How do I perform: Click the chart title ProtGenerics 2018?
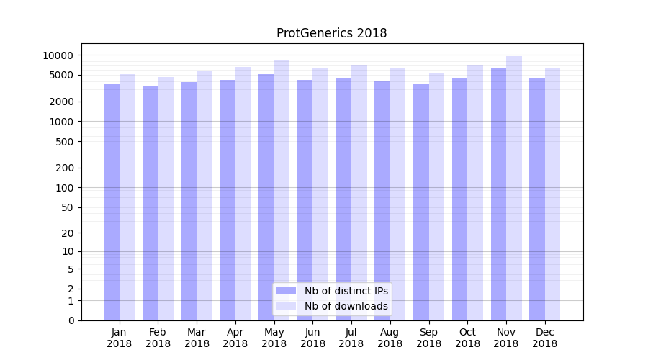(331, 33)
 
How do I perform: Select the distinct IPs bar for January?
(112, 202)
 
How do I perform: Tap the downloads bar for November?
(514, 187)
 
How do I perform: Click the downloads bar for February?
(166, 198)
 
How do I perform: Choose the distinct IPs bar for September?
(421, 202)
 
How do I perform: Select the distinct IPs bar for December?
(537, 199)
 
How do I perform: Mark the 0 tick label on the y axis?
(71, 320)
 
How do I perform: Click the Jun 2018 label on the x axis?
(312, 338)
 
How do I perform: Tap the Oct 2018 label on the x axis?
(467, 338)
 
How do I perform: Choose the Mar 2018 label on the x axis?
(197, 338)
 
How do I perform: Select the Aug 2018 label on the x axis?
(390, 338)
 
